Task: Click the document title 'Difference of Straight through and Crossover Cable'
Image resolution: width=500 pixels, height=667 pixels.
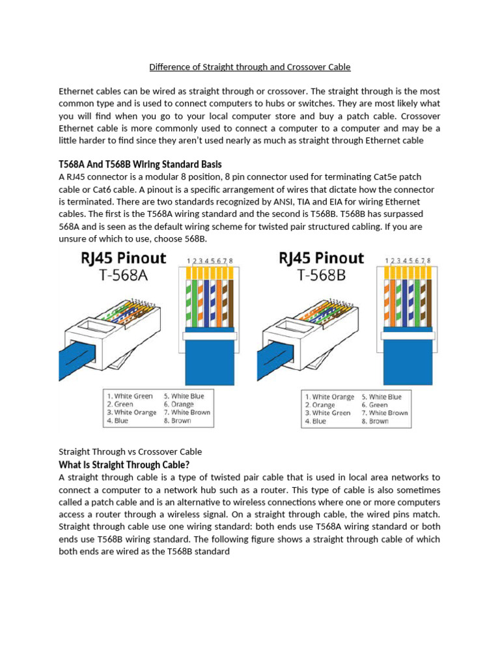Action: [x=250, y=66]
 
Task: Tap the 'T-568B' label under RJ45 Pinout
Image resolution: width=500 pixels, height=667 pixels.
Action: [x=322, y=276]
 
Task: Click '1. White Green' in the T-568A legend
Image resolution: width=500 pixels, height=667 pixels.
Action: [x=130, y=396]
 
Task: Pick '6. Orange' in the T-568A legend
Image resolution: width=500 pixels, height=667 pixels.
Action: [x=178, y=404]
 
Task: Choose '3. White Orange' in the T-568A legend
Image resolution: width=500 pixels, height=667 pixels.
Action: [x=132, y=412]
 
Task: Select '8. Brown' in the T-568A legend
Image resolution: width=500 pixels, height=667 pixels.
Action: [x=178, y=421]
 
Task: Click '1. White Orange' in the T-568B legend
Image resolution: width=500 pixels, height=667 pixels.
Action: [x=329, y=397]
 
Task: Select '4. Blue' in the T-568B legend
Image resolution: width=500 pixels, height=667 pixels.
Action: [x=316, y=421]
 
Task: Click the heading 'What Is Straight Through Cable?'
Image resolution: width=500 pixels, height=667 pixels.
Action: [x=124, y=465]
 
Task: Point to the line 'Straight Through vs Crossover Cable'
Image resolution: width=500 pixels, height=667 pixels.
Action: [x=130, y=451]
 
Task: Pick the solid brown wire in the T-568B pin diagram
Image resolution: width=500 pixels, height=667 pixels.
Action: [x=429, y=300]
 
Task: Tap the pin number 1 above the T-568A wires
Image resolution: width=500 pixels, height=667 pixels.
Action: [x=189, y=261]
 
